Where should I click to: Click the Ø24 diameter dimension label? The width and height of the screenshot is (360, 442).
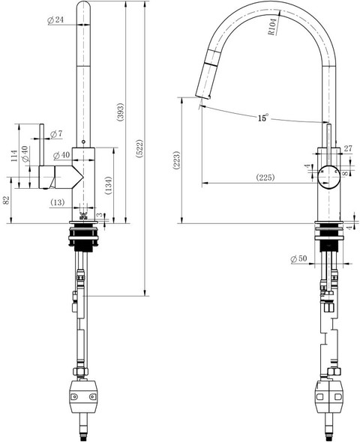(x=55, y=19)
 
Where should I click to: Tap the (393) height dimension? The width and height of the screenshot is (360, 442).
(x=121, y=112)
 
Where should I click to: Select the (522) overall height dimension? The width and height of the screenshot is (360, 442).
(x=140, y=148)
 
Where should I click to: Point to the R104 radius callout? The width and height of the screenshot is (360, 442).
(x=272, y=27)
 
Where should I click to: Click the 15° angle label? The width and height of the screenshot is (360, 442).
(x=262, y=118)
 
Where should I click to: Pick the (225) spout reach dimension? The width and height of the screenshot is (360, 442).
(x=265, y=178)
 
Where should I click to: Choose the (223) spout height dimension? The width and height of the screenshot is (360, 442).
(x=176, y=160)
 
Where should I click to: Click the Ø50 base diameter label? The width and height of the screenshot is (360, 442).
(x=298, y=258)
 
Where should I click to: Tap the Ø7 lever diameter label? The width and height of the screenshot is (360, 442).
(x=56, y=134)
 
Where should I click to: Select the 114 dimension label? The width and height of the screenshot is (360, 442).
(x=14, y=155)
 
